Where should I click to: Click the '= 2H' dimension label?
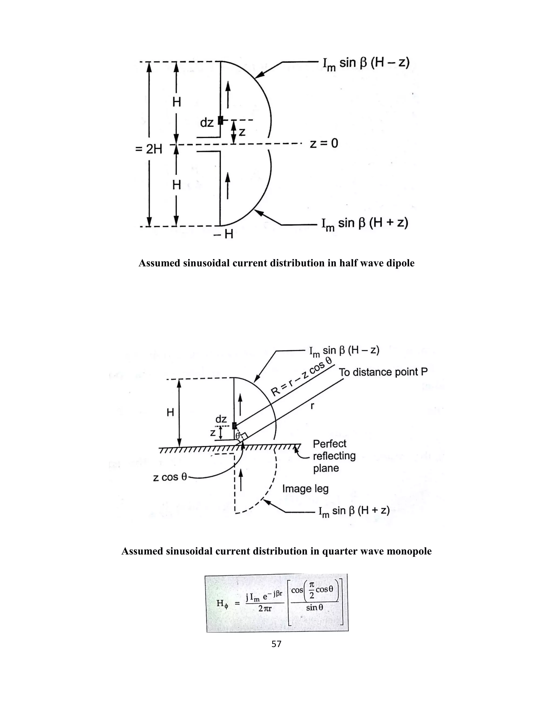[x=149, y=149]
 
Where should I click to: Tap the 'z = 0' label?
[x=324, y=143]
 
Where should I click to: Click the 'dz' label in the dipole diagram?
[x=207, y=123]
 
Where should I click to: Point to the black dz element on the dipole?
[x=221, y=120]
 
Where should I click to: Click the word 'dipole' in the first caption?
[x=399, y=263]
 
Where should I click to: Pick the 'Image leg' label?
[x=305, y=489]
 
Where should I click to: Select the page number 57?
[x=276, y=644]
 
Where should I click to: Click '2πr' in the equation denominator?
[x=265, y=609]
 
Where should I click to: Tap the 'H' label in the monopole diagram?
[x=170, y=412]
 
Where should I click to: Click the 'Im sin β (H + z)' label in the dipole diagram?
[x=365, y=224]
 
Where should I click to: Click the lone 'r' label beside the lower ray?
[x=312, y=406]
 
